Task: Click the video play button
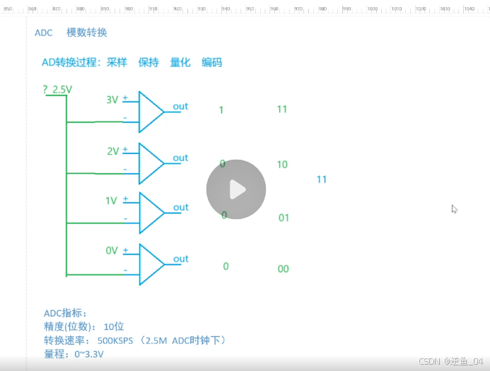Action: click(236, 189)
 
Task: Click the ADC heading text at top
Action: click(43, 33)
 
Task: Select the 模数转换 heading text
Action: click(86, 33)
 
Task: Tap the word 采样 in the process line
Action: click(117, 62)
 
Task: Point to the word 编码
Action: click(211, 62)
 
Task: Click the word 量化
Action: click(180, 62)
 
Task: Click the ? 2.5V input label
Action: click(57, 90)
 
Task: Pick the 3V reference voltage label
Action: click(112, 100)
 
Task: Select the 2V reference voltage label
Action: click(112, 151)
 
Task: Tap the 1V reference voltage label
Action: click(111, 201)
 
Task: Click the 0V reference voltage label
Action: click(111, 251)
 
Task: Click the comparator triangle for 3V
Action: click(149, 112)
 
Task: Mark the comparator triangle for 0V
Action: click(149, 264)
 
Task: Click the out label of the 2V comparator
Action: click(180, 158)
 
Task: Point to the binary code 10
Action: click(282, 165)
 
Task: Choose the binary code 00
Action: click(283, 269)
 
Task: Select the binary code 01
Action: click(284, 218)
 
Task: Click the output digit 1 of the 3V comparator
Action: click(221, 110)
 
